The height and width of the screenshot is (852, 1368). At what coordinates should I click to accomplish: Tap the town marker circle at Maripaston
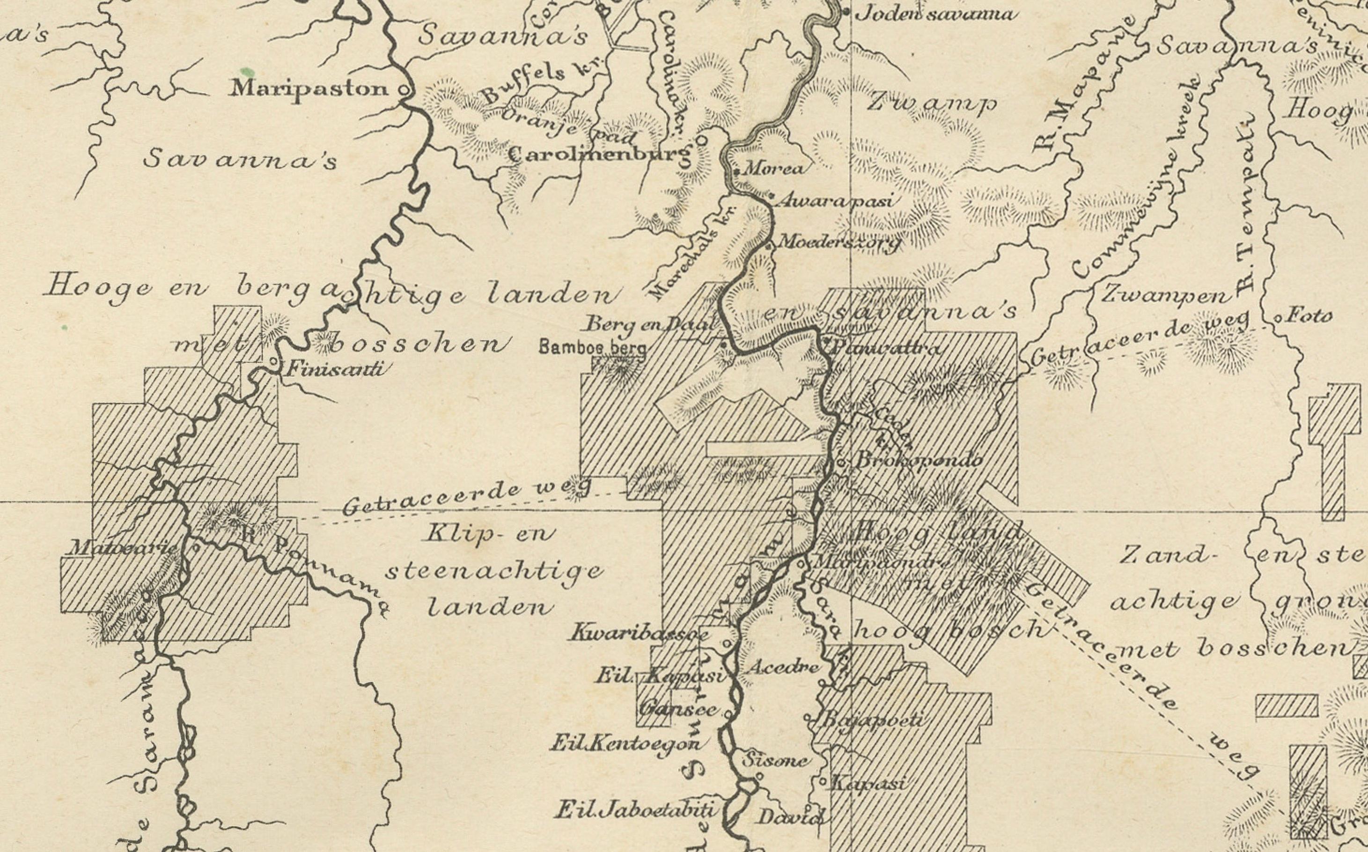coord(404,89)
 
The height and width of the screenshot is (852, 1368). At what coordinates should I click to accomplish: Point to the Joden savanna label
coord(936,14)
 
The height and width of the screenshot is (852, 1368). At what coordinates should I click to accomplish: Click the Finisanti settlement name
coord(336,370)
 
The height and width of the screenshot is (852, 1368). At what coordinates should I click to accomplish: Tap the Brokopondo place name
coord(919,460)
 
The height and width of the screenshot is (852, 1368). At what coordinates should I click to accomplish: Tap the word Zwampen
coord(1163,295)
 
